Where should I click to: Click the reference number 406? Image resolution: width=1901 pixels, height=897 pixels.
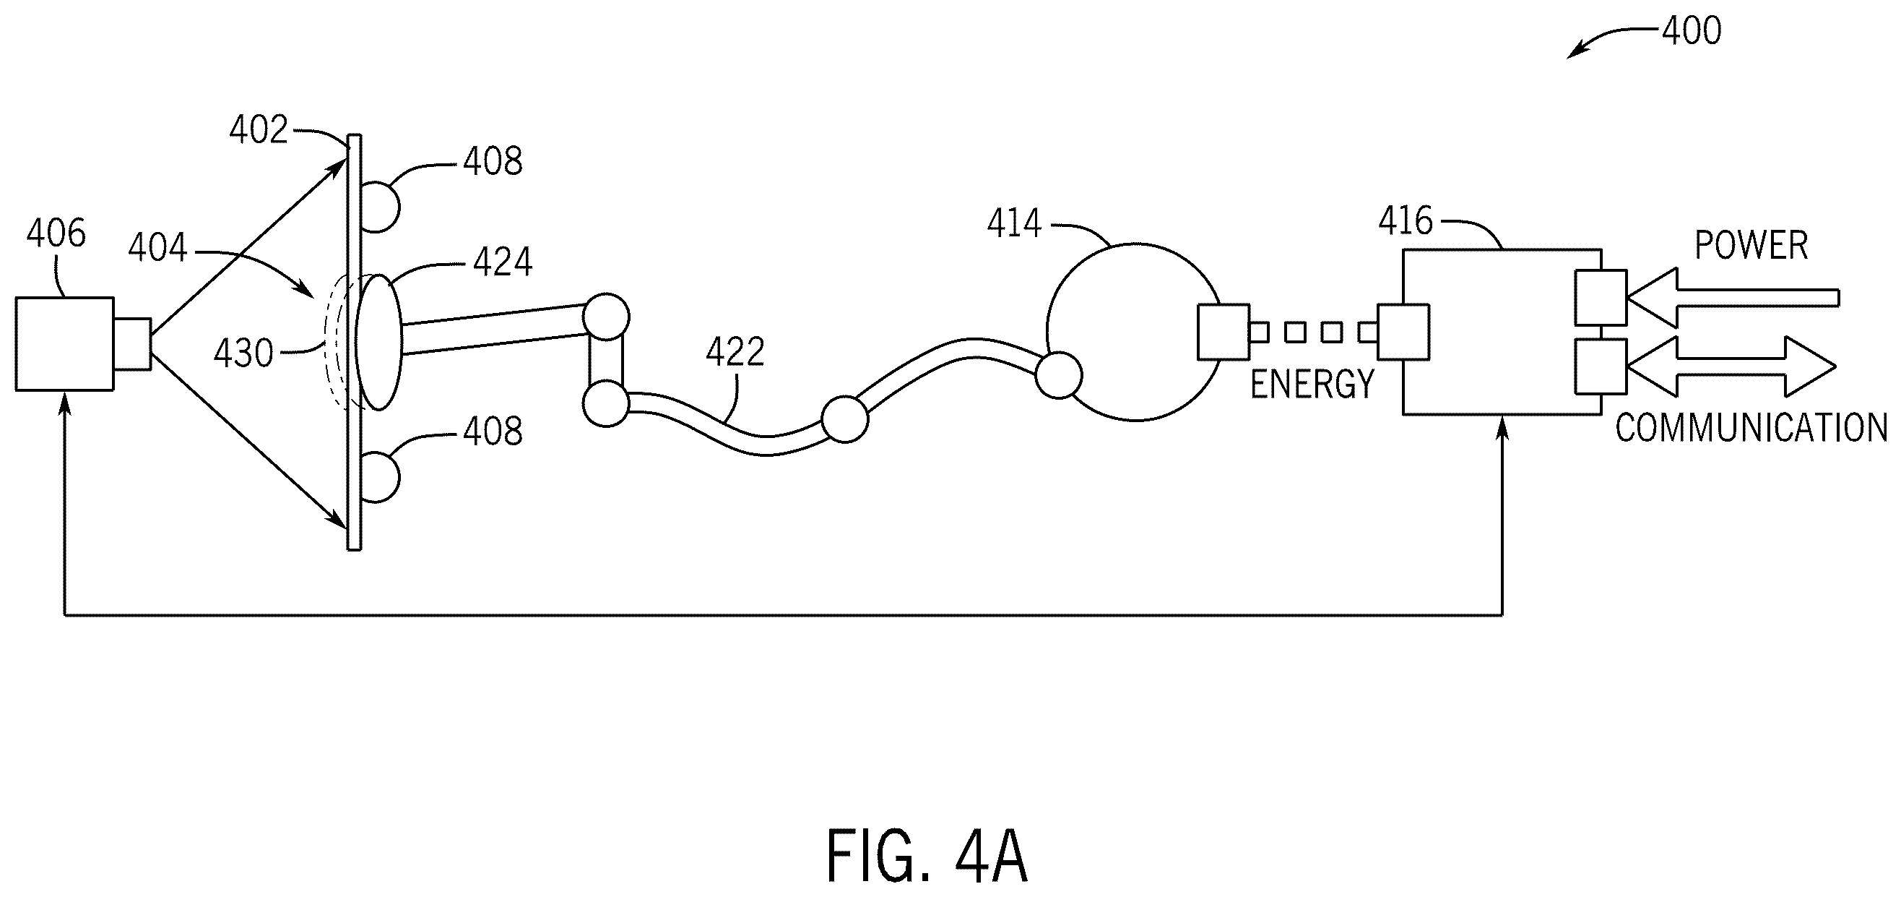(x=56, y=233)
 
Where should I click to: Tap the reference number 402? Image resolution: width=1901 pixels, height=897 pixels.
(x=259, y=130)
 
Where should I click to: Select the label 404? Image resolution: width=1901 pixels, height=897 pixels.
(x=158, y=247)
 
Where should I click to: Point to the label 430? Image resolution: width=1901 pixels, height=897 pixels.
(x=243, y=353)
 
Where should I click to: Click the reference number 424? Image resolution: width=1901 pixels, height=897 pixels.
(x=503, y=262)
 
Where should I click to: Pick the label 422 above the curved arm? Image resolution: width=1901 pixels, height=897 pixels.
(x=735, y=352)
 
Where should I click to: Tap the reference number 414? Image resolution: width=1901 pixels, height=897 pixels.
(x=1015, y=223)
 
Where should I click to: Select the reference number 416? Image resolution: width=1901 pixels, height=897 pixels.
(x=1406, y=220)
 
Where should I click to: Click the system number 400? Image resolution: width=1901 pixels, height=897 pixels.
(x=1692, y=32)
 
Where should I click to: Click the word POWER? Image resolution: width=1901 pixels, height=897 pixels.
(x=1751, y=245)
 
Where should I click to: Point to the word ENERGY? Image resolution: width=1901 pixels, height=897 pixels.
(x=1313, y=385)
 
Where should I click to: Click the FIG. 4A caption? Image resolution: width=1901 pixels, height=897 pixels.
(x=927, y=856)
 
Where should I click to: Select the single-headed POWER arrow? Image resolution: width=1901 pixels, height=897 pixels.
(x=1733, y=298)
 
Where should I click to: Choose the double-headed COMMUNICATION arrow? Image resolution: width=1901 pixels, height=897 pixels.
(x=1731, y=367)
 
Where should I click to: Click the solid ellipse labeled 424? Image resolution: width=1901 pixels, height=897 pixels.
(x=378, y=342)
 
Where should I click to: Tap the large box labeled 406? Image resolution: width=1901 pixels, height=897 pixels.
(x=65, y=343)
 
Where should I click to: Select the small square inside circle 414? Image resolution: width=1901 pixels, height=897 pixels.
(x=1224, y=332)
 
